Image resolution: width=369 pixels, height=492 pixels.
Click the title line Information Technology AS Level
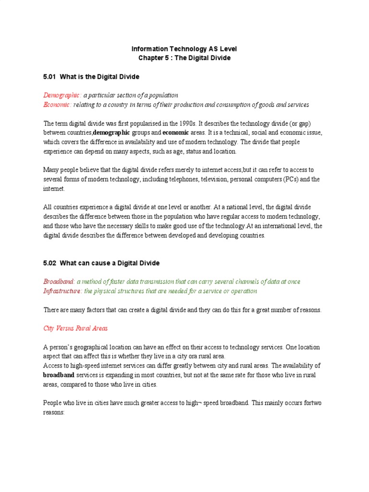[184, 49]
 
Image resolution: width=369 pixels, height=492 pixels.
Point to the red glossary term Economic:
[58, 104]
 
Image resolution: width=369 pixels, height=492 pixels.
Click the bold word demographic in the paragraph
[111, 132]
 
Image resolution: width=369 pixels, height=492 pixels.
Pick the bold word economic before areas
[176, 132]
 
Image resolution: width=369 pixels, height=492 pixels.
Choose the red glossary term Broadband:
[59, 282]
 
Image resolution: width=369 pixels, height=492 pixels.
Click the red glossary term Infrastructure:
[62, 291]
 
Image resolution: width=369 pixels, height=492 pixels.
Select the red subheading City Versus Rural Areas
[75, 328]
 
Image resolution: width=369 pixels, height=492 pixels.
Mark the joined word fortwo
[312, 403]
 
